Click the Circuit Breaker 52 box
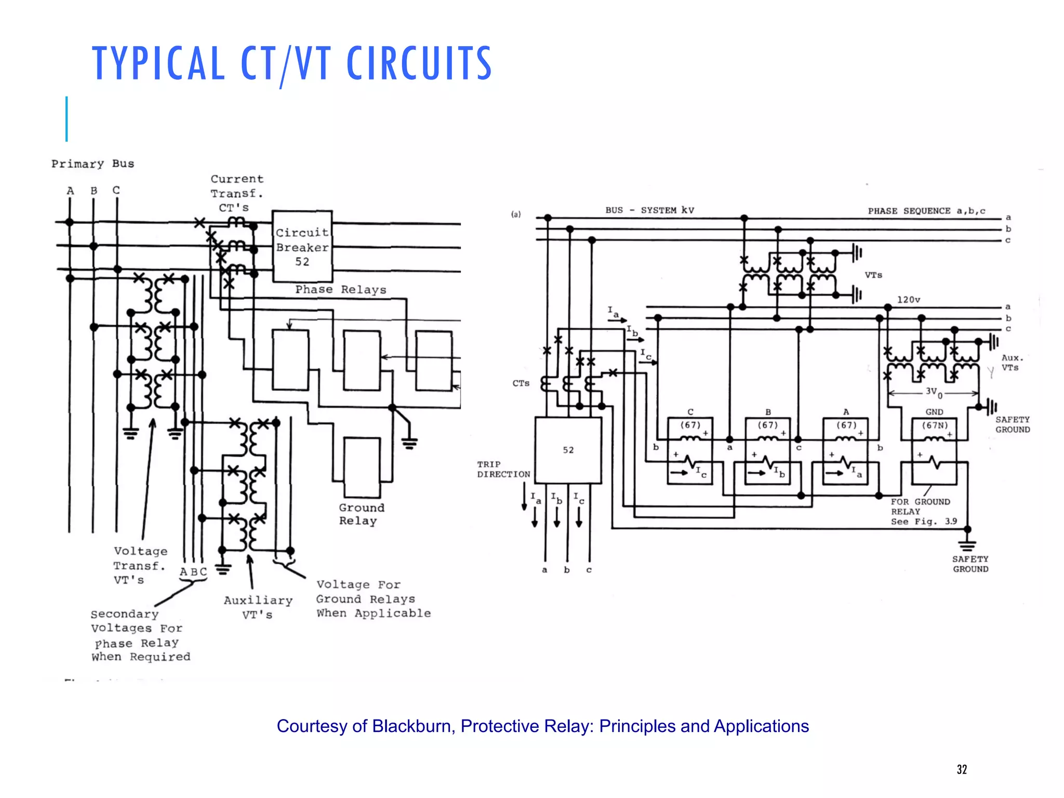[x=302, y=246]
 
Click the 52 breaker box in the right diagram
[x=568, y=450]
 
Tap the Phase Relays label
[x=341, y=289]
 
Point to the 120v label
[x=908, y=300]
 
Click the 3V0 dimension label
[x=934, y=392]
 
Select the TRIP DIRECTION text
[x=503, y=469]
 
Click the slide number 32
[x=962, y=769]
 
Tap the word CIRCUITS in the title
[x=419, y=63]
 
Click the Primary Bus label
[x=92, y=164]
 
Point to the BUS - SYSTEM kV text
[x=649, y=210]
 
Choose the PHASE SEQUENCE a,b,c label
[x=926, y=210]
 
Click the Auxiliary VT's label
[x=258, y=607]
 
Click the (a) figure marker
[x=515, y=214]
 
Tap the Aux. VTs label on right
[x=1012, y=363]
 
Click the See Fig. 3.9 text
[x=924, y=521]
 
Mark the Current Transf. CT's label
[x=237, y=193]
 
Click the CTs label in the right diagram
[x=521, y=383]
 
